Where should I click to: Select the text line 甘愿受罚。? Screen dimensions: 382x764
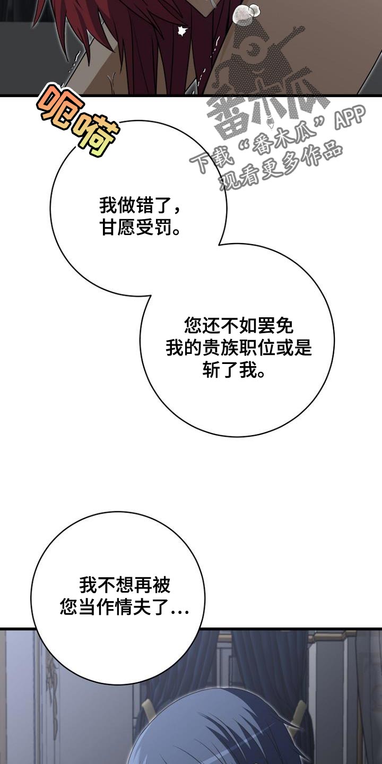140,227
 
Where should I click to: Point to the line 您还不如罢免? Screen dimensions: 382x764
239,326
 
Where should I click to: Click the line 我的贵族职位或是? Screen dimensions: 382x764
239,348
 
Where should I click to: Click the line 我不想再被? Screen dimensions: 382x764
125,585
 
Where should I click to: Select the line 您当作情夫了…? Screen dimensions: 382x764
125,607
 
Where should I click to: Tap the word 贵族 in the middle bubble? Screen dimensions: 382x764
221,348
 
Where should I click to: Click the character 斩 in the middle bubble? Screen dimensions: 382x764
212,369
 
